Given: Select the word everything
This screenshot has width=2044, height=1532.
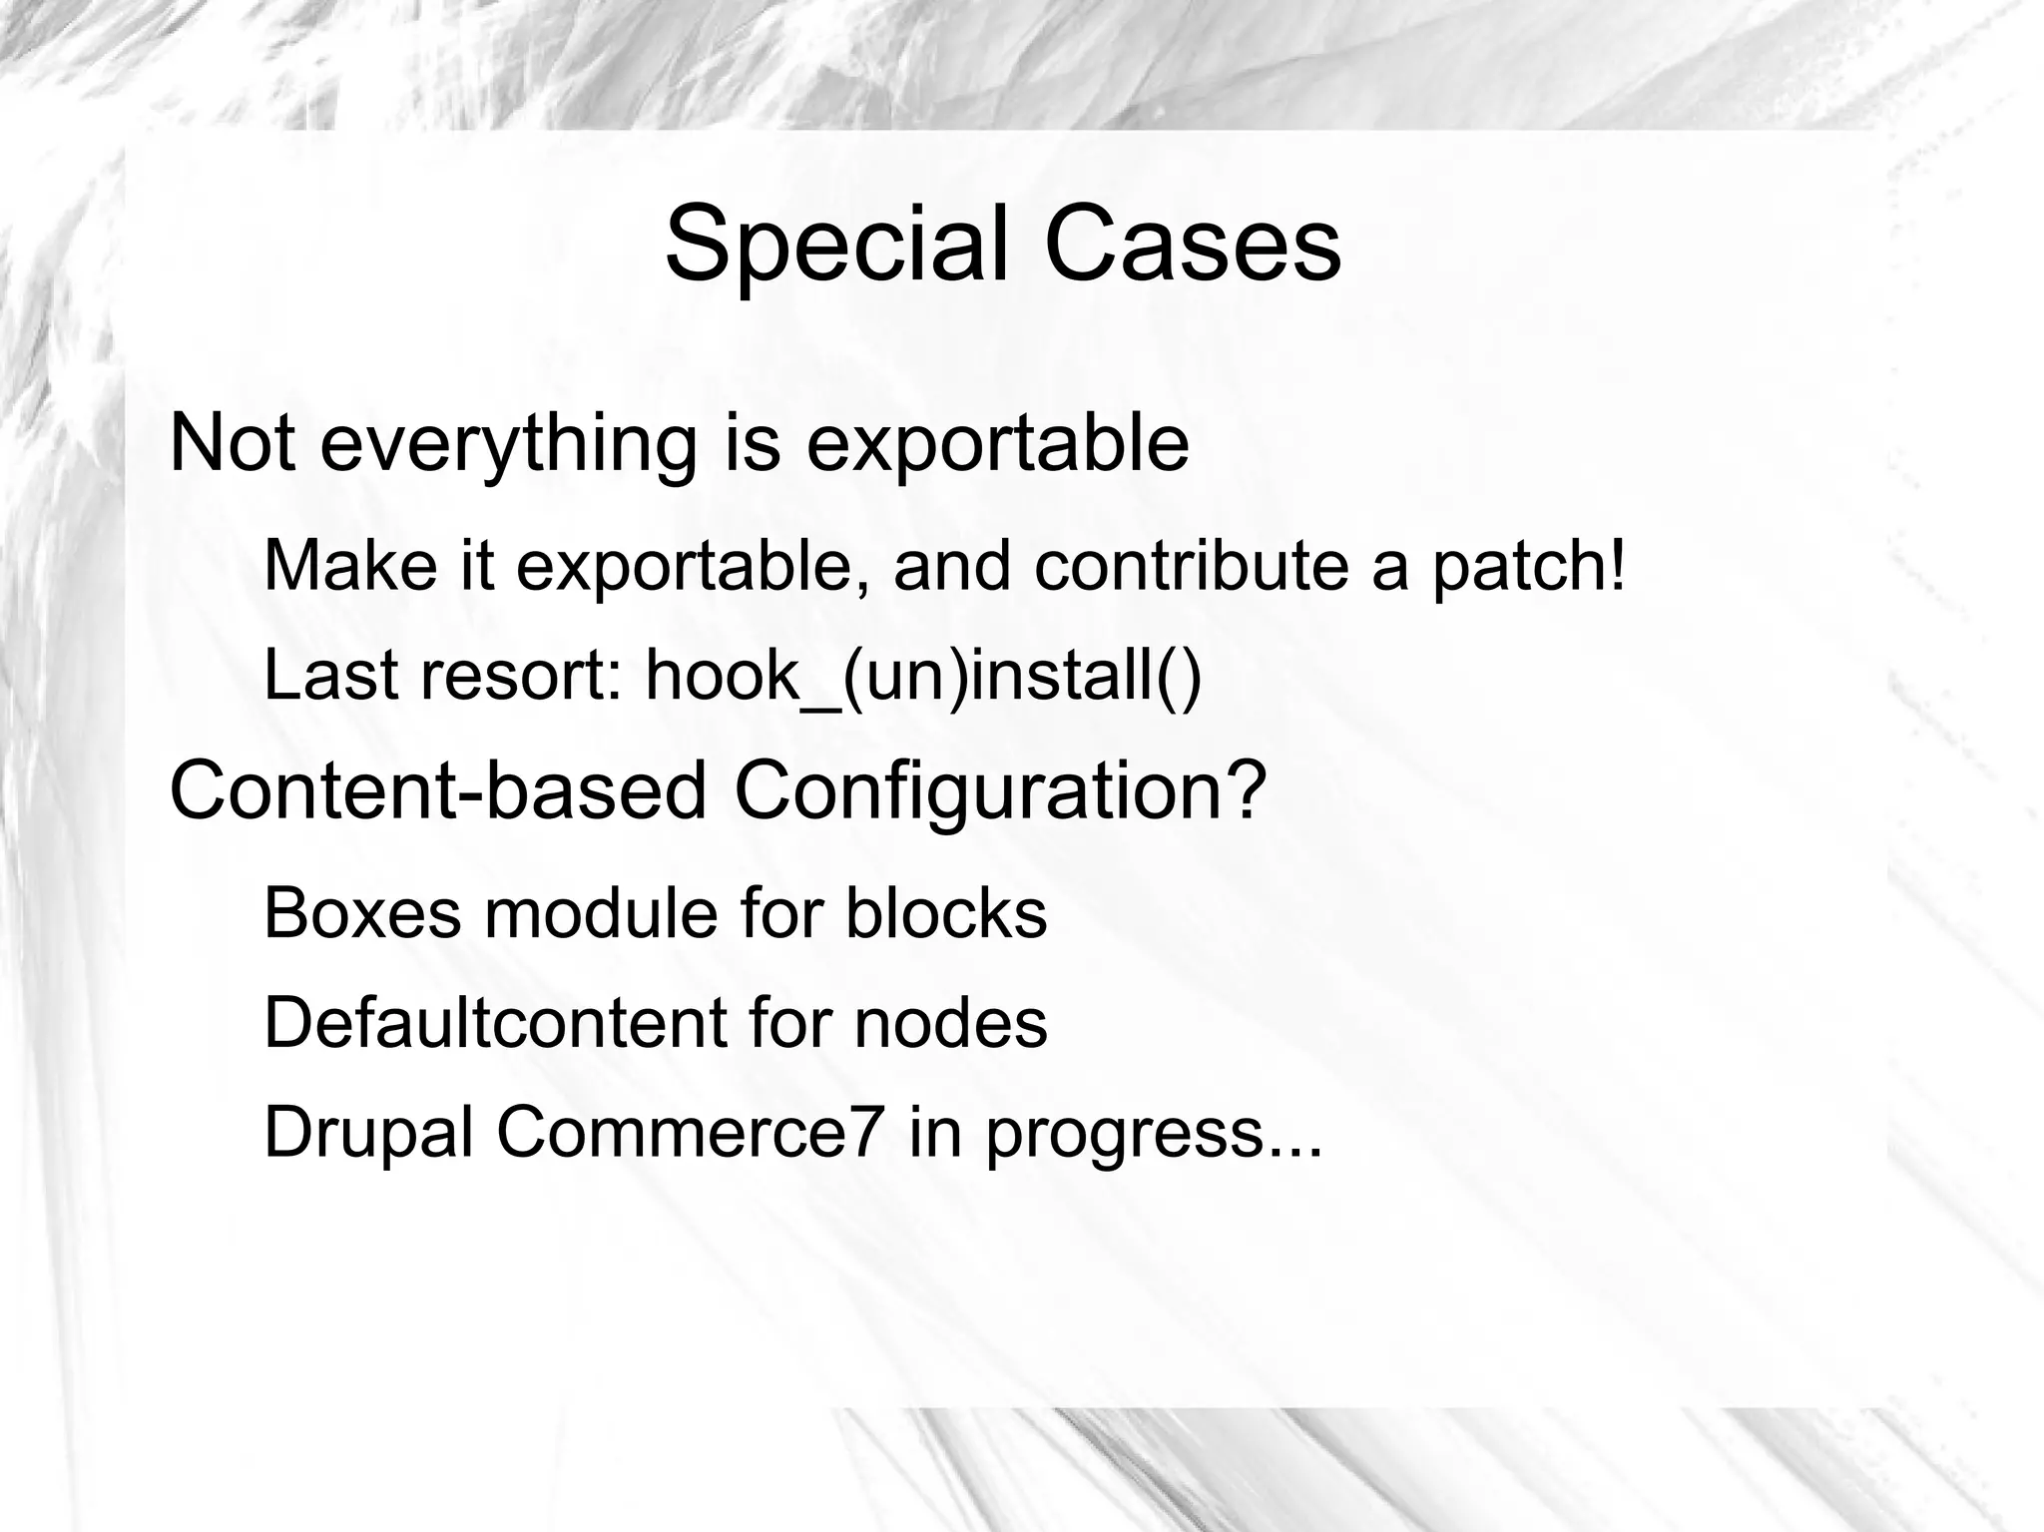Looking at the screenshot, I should coord(507,444).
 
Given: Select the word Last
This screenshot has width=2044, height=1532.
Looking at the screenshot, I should coord(330,675).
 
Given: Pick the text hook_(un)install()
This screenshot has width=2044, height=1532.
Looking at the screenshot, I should coord(923,676).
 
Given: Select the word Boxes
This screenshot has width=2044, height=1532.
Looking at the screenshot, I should coord(362,912).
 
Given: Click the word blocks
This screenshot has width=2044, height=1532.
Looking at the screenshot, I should coord(946,912).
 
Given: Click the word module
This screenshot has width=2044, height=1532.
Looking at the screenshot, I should coord(601,912).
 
